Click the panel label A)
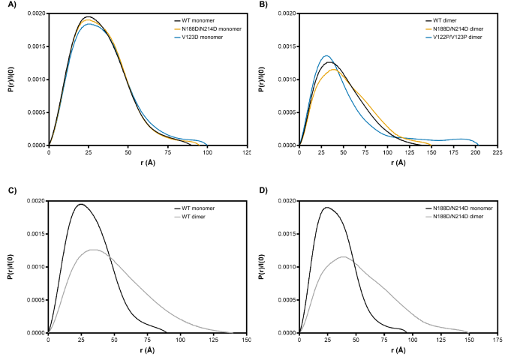pos(8,6)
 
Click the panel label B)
pos(267,6)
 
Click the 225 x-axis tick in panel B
pos(497,152)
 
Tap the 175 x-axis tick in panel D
pos(497,340)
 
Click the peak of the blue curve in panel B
pos(326,55)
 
